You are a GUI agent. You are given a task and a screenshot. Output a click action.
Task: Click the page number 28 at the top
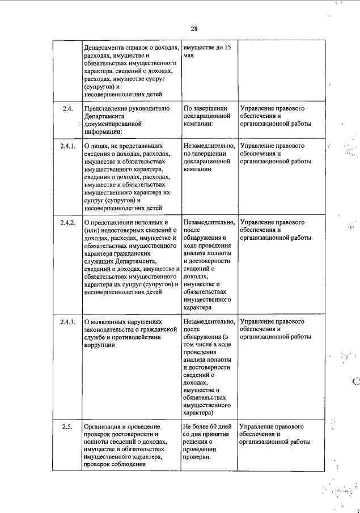coord(194,29)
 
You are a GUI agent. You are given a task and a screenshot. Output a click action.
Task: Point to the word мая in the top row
coord(189,56)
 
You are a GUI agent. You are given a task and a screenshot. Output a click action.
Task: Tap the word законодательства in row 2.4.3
coord(113,329)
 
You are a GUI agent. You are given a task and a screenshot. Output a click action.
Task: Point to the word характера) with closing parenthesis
coord(202,413)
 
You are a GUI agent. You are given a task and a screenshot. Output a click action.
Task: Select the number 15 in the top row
coord(227,48)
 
